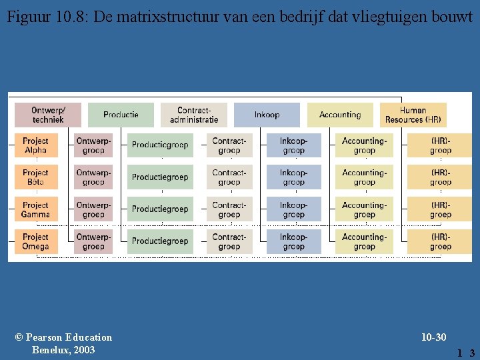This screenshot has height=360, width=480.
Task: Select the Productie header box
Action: (x=121, y=115)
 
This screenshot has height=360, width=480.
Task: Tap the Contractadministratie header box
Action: (x=194, y=115)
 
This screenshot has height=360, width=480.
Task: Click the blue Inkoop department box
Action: (x=267, y=115)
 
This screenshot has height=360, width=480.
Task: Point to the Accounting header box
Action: (x=340, y=115)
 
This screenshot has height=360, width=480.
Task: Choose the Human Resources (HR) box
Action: (x=413, y=115)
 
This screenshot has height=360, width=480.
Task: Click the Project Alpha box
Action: (x=35, y=145)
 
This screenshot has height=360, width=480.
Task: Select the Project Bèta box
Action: (x=35, y=177)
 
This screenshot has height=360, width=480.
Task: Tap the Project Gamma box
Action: (x=35, y=209)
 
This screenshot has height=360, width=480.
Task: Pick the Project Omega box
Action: (x=35, y=241)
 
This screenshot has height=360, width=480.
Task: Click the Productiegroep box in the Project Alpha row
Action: (x=160, y=145)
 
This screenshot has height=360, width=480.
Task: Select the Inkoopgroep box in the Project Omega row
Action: (x=293, y=241)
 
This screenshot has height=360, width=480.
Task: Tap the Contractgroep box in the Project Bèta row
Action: (x=229, y=177)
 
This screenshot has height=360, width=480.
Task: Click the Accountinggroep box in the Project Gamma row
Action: (x=364, y=209)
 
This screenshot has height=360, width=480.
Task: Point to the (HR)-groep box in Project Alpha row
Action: (x=440, y=145)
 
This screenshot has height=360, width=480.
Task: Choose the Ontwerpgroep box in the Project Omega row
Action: (x=93, y=241)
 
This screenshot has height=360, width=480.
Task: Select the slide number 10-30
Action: (x=433, y=337)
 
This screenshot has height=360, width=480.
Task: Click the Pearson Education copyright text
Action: (x=63, y=343)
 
